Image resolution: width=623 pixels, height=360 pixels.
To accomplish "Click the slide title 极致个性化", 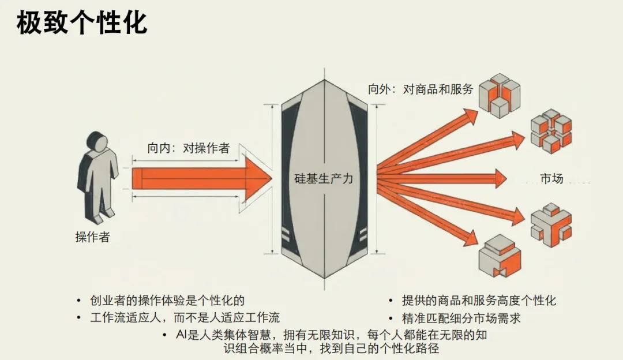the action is coord(81,23).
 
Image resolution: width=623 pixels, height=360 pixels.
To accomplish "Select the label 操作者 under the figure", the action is coord(92,237).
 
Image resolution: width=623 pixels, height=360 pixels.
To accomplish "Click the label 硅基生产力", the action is coord(324,179).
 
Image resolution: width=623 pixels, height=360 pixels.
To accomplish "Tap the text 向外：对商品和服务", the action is coord(421,89).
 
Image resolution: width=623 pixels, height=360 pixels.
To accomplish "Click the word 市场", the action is coord(551,178).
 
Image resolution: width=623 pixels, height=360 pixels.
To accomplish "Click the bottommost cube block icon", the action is coord(500,256).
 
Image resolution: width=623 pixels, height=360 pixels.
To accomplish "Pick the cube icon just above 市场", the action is coord(551,130).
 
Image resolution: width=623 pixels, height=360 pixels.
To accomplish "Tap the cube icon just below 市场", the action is coord(551,224).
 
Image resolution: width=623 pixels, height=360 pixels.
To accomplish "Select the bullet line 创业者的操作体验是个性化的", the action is coord(167,301).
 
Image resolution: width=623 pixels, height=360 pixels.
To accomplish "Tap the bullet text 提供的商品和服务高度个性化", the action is coord(479,301).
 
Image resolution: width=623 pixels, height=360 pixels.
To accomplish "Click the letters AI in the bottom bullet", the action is coord(183,335).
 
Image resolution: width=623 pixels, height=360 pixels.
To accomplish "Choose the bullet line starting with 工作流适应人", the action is coord(185,318).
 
